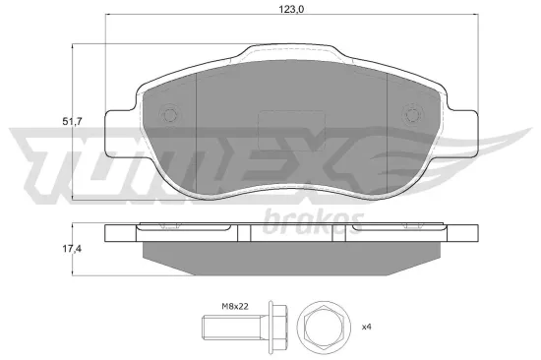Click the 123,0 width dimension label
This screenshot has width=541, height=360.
coord(291,9)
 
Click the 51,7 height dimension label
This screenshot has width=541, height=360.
coord(72,122)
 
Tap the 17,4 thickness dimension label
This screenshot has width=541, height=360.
coord(72,249)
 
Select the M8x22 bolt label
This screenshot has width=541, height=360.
coord(235,306)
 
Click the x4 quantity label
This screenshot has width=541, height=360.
coord(367,327)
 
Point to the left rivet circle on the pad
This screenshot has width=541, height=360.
coord(170,114)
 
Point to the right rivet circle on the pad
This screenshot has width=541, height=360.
coord(411,114)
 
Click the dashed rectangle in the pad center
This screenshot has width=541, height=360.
coord(291,131)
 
